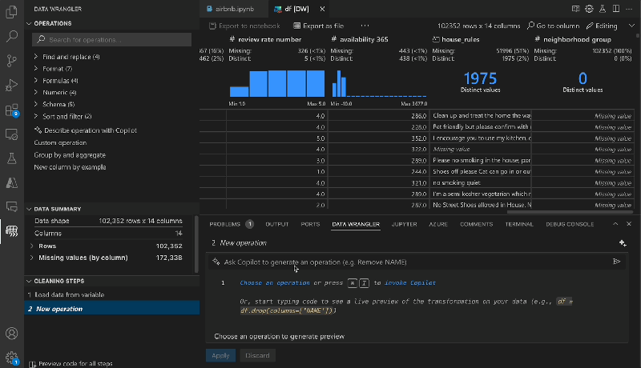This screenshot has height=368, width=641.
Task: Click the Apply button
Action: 220,355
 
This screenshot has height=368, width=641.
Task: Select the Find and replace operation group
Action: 71,57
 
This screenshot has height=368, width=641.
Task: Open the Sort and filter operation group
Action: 67,116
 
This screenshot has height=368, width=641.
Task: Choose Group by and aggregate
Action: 69,154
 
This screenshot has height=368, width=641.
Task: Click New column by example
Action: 70,167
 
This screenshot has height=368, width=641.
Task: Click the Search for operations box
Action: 112,39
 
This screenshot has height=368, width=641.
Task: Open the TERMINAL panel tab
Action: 519,224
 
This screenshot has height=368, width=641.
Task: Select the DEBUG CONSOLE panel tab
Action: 570,224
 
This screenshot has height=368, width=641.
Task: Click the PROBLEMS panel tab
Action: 231,224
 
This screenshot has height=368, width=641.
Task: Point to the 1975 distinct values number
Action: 480,78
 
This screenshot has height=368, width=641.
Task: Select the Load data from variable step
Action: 68,295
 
